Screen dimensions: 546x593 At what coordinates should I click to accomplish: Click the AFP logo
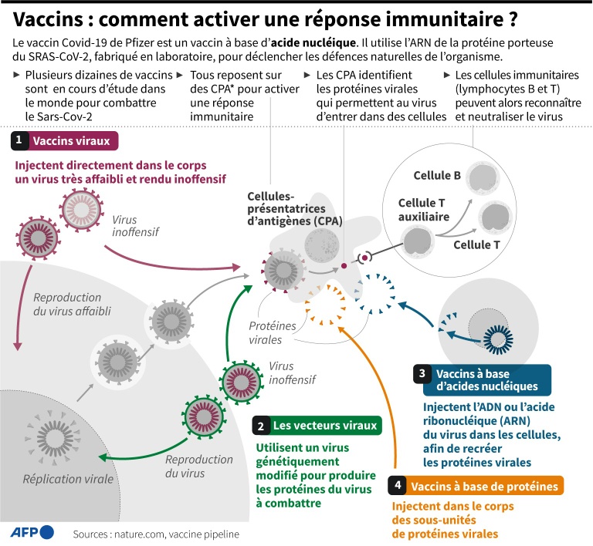coord(32,531)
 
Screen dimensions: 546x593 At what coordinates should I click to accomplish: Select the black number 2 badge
coord(262,425)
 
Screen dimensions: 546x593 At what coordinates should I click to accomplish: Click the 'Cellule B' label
coord(437,176)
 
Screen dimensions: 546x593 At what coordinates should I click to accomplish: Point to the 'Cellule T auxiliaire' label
coord(423,210)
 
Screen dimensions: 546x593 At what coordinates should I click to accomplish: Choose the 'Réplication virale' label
coord(67,478)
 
